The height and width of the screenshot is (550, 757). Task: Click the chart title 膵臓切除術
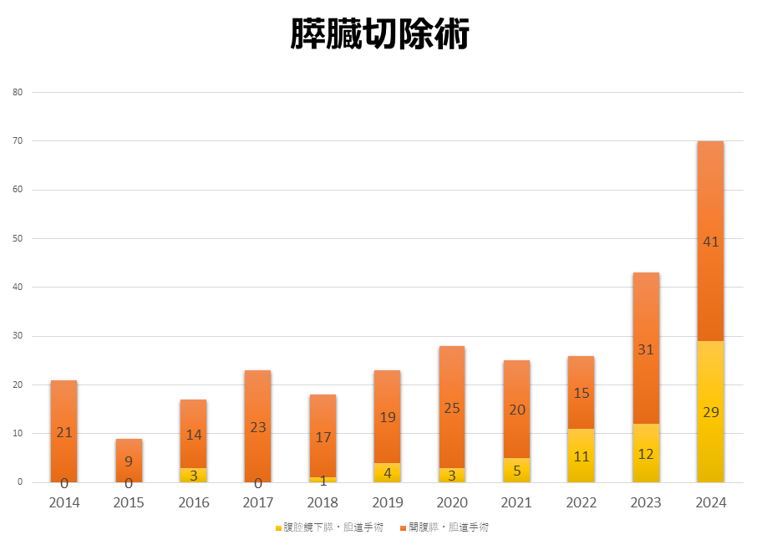click(x=379, y=35)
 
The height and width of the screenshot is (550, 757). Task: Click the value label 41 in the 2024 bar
click(x=711, y=242)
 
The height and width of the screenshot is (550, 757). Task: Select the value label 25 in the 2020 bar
click(x=452, y=408)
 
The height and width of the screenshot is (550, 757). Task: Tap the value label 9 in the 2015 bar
click(x=129, y=461)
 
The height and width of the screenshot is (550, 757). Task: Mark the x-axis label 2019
click(x=387, y=502)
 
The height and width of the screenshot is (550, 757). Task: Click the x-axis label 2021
click(x=516, y=502)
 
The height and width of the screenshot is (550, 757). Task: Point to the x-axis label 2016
click(x=193, y=502)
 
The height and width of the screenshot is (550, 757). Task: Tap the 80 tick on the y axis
click(x=18, y=92)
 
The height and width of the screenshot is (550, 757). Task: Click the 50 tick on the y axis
click(x=18, y=238)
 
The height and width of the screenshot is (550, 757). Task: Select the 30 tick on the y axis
click(x=18, y=336)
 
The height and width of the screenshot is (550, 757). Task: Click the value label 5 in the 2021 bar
click(x=516, y=471)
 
